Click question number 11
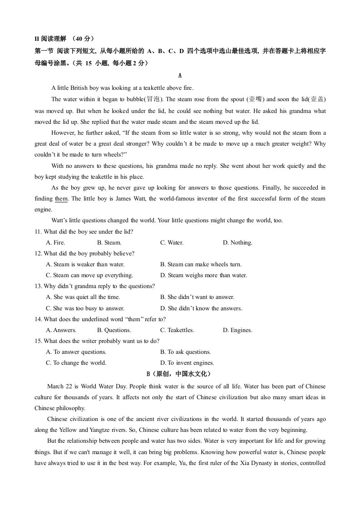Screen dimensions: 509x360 click(38, 232)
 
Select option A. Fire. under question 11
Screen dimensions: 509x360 click(56, 243)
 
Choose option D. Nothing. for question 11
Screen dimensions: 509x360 click(237, 243)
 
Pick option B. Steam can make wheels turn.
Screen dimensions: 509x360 click(201, 264)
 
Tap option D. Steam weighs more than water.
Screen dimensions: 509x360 click(203, 275)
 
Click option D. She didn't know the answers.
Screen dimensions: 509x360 click(201, 308)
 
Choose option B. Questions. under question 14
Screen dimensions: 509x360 click(114, 330)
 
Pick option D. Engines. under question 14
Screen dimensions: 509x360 click(237, 330)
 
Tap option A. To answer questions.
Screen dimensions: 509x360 click(76, 352)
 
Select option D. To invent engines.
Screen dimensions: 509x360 click(187, 363)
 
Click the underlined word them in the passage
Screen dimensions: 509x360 click(61, 199)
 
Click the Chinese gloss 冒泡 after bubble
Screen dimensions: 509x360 click(153, 99)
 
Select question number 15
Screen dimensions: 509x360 click(38, 341)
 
